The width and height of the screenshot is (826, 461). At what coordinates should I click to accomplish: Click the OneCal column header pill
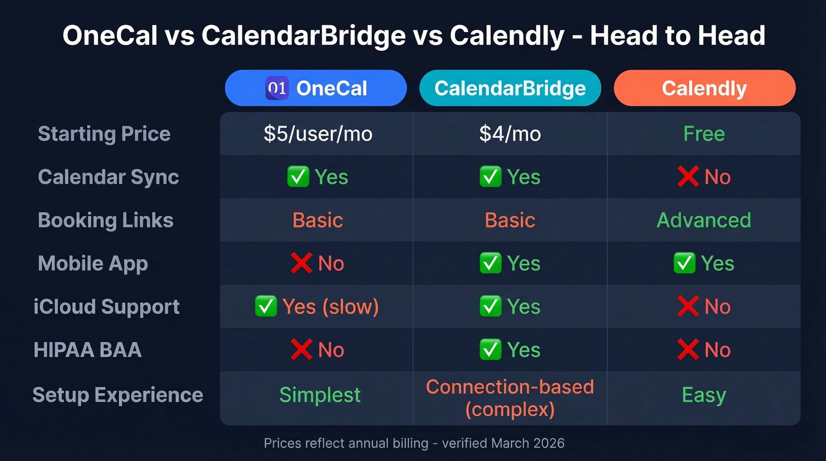click(x=316, y=89)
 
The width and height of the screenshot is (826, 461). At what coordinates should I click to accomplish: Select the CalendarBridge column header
click(x=510, y=89)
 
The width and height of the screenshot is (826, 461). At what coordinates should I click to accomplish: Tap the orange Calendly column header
click(x=704, y=89)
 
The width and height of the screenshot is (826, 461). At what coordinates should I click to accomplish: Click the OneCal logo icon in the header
click(x=277, y=89)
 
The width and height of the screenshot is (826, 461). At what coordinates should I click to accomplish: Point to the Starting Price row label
click(x=104, y=134)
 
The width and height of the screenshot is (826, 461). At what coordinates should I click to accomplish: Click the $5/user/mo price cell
click(x=317, y=134)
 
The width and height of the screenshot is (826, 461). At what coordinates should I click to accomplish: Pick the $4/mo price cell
click(x=510, y=134)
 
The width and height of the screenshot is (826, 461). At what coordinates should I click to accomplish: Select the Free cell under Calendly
click(x=704, y=134)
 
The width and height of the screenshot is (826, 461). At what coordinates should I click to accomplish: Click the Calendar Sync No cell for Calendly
click(x=704, y=177)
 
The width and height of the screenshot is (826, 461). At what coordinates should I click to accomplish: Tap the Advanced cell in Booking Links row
click(x=704, y=220)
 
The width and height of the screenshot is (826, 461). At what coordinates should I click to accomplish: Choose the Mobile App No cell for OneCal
click(x=317, y=263)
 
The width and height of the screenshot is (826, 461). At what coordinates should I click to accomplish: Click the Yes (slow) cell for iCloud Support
click(x=317, y=307)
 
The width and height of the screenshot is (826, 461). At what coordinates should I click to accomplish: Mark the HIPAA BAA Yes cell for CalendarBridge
click(x=510, y=350)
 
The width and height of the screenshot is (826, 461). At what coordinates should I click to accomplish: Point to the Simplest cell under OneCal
click(x=320, y=394)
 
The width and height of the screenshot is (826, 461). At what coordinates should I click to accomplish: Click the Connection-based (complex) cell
click(x=510, y=398)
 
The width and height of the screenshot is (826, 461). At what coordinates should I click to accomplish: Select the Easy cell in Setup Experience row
click(x=704, y=394)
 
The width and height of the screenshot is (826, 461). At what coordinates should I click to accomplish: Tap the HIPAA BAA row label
click(x=87, y=350)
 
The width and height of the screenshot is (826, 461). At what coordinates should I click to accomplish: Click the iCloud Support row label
click(x=106, y=307)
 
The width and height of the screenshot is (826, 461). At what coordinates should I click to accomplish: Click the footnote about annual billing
click(x=414, y=443)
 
